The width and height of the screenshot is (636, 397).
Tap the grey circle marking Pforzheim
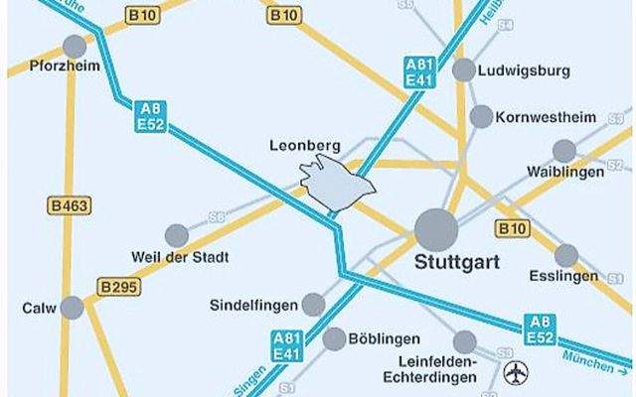pos(75,46)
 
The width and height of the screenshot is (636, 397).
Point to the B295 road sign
pos(118,288)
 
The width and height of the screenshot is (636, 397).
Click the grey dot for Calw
pos(72,308)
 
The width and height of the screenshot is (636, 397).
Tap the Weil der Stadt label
pos(180,258)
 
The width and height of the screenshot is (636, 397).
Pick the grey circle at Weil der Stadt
pos(176,236)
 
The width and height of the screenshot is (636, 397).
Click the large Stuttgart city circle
pos(436,229)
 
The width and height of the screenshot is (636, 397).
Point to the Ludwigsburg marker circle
pos(463,69)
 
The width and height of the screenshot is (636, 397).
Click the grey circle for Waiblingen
pos(563,151)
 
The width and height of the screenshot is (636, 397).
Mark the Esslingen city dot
pos(566,255)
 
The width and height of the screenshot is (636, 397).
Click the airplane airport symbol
pos(516,374)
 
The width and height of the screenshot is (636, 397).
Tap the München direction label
pos(592,362)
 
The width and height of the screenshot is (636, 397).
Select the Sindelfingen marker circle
pos(313,304)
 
